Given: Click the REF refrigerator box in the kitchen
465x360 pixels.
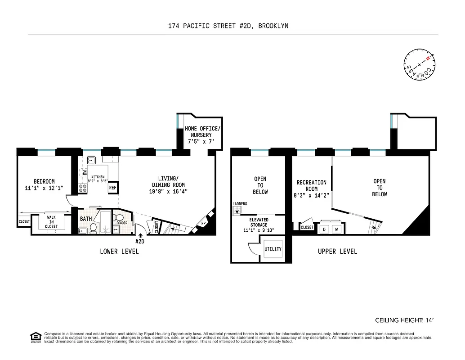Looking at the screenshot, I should (112, 188).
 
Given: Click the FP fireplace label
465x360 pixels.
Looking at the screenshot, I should (203, 223).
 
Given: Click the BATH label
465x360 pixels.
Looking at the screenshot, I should (86, 219).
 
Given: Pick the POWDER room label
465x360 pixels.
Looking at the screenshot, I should (122, 223).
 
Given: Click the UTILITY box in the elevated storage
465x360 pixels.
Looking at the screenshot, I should (273, 249).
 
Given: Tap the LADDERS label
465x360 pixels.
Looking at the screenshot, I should (240, 204).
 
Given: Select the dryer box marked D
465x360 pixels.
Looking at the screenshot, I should (324, 229).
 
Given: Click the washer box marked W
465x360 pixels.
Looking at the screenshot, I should (336, 229).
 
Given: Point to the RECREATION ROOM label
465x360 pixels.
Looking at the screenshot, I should (311, 186).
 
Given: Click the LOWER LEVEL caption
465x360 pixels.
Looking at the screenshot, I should (119, 251).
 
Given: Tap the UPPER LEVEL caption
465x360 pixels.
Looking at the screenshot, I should (337, 251).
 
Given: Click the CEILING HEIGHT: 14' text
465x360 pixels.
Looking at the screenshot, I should (404, 320).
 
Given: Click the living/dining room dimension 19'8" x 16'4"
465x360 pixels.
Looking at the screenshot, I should (168, 191).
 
